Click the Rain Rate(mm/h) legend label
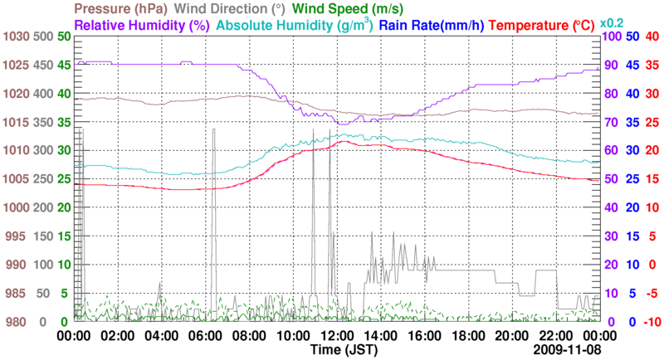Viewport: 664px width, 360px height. [432, 25]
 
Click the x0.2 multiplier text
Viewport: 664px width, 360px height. [612, 22]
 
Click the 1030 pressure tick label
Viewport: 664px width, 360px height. [16, 36]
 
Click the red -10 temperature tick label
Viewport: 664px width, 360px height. [652, 321]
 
